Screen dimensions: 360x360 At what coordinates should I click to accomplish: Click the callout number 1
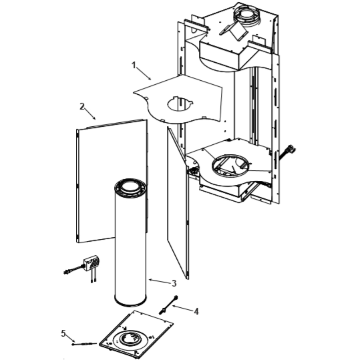point(134,65)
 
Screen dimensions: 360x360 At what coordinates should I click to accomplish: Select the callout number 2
point(82,106)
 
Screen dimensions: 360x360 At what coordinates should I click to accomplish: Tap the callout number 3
point(174,283)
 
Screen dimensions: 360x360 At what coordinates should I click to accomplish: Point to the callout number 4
point(196,311)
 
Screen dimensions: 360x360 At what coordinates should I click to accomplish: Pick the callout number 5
point(63,333)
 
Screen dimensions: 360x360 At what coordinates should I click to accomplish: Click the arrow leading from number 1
point(144,73)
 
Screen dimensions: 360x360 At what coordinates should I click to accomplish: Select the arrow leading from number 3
point(159,281)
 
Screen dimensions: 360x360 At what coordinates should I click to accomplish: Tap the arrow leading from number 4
point(183,308)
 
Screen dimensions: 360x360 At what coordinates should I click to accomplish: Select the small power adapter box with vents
point(91,263)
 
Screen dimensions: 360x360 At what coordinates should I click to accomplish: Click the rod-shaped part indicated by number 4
point(168,305)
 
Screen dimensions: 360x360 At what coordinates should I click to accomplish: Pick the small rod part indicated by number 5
point(84,344)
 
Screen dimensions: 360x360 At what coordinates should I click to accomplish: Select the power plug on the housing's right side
point(290,149)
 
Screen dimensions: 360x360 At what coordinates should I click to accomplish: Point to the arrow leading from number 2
point(90,114)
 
